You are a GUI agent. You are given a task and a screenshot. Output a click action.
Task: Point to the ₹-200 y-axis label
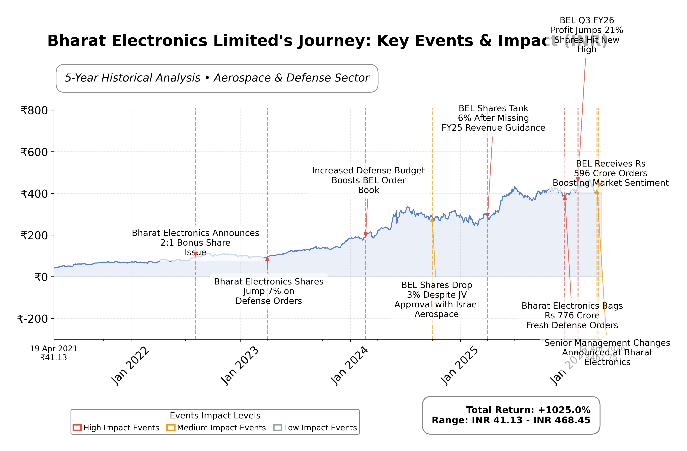[x=33, y=319]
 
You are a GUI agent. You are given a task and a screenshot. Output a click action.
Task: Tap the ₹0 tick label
[x=41, y=277]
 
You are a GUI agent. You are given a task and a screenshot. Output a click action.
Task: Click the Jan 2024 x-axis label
[x=349, y=366]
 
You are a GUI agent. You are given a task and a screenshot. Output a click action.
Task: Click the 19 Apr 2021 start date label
[x=54, y=348]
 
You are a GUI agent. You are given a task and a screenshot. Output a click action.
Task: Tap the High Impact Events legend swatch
[x=77, y=428]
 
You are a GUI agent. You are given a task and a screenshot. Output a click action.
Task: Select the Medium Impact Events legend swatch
[x=171, y=428]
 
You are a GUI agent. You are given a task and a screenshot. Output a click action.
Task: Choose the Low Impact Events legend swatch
[x=277, y=428]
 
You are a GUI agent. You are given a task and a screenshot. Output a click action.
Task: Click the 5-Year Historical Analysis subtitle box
[x=217, y=78]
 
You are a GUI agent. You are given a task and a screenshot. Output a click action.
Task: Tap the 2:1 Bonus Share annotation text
[x=195, y=243]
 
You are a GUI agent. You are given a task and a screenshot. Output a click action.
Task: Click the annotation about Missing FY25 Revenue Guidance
[x=493, y=118]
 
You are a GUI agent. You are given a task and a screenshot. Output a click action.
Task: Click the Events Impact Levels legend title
[x=215, y=415]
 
